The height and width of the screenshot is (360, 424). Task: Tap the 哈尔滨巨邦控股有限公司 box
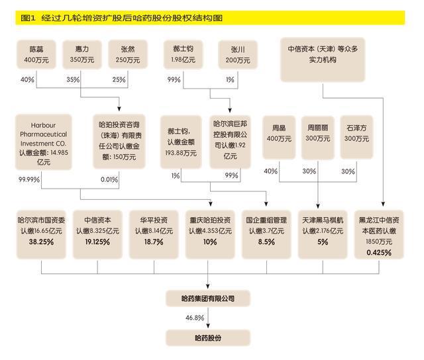point(230,140)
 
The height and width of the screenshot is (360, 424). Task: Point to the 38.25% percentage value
point(41,242)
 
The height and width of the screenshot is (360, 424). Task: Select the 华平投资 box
point(153,232)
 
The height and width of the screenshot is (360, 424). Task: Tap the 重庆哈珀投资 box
point(209,232)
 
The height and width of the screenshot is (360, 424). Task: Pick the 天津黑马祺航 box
point(323,232)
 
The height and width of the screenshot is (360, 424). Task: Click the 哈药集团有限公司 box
point(208,298)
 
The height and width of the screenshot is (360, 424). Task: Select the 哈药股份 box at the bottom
point(208,337)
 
